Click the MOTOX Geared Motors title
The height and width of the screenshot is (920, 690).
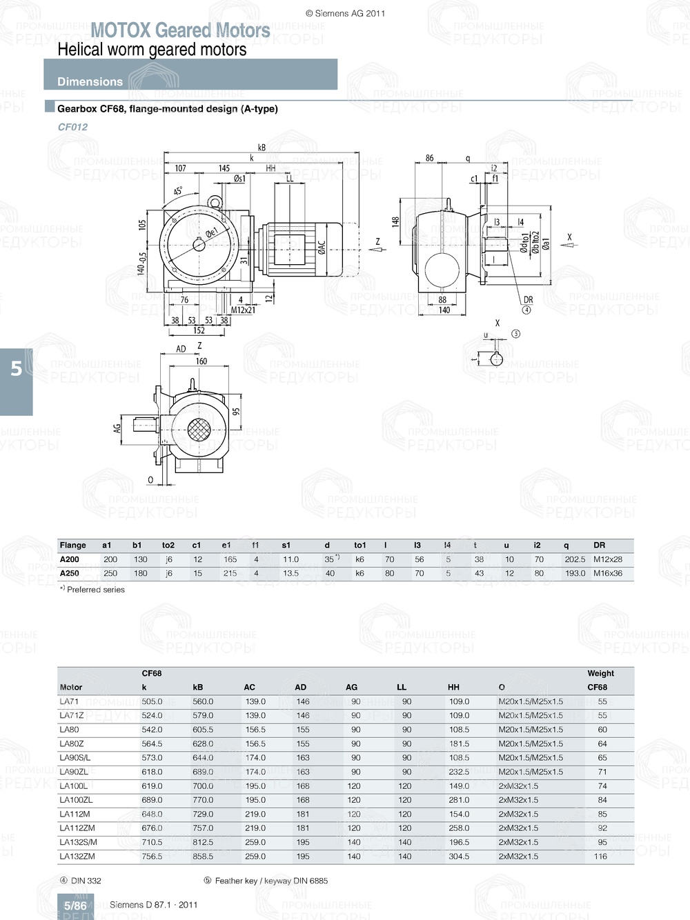point(180,30)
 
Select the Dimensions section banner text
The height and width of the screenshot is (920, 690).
point(90,81)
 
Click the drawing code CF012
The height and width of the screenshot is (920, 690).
point(72,127)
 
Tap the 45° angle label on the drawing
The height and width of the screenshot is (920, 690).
point(178,191)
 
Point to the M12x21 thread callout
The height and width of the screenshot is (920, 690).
point(243,310)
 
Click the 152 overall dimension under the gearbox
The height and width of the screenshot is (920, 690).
point(199,330)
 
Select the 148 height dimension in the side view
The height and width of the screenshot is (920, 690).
point(395,221)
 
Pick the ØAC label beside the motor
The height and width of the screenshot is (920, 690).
point(322,248)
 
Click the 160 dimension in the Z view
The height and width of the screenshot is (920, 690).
point(201,361)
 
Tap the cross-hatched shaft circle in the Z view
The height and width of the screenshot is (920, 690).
point(199,430)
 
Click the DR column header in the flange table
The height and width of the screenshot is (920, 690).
point(599,545)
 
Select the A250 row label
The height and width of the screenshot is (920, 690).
point(69,573)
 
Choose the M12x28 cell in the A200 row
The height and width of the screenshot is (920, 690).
point(607,559)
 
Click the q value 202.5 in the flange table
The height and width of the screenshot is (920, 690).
point(574,559)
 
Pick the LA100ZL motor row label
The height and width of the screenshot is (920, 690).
point(76,800)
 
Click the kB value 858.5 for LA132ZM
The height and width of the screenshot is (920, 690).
point(203,856)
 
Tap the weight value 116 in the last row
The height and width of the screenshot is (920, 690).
point(600,856)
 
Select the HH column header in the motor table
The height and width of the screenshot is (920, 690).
point(453,687)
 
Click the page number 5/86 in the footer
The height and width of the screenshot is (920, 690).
point(75,906)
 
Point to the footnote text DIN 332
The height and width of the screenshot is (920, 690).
point(86,881)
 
